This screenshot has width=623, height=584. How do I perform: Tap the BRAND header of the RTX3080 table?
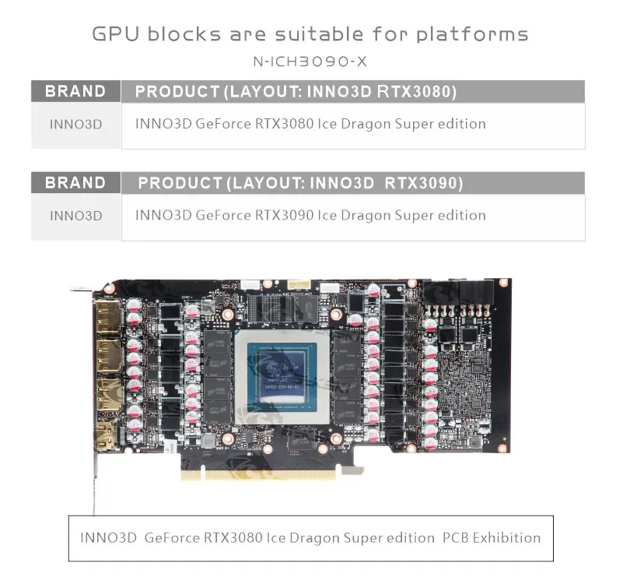click(x=75, y=91)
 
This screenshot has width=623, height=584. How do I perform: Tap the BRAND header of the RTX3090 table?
click(x=75, y=183)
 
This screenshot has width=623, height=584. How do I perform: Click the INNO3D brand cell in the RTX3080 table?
click(x=75, y=124)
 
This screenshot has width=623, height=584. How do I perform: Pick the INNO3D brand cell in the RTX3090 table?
click(x=75, y=216)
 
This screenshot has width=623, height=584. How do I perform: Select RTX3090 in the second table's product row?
click(x=284, y=215)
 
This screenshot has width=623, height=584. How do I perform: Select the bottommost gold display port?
click(x=105, y=440)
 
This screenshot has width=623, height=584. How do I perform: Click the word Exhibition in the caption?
click(x=503, y=537)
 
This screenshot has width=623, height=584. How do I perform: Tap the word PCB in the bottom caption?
click(x=453, y=537)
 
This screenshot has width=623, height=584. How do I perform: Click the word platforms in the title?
click(x=472, y=35)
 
